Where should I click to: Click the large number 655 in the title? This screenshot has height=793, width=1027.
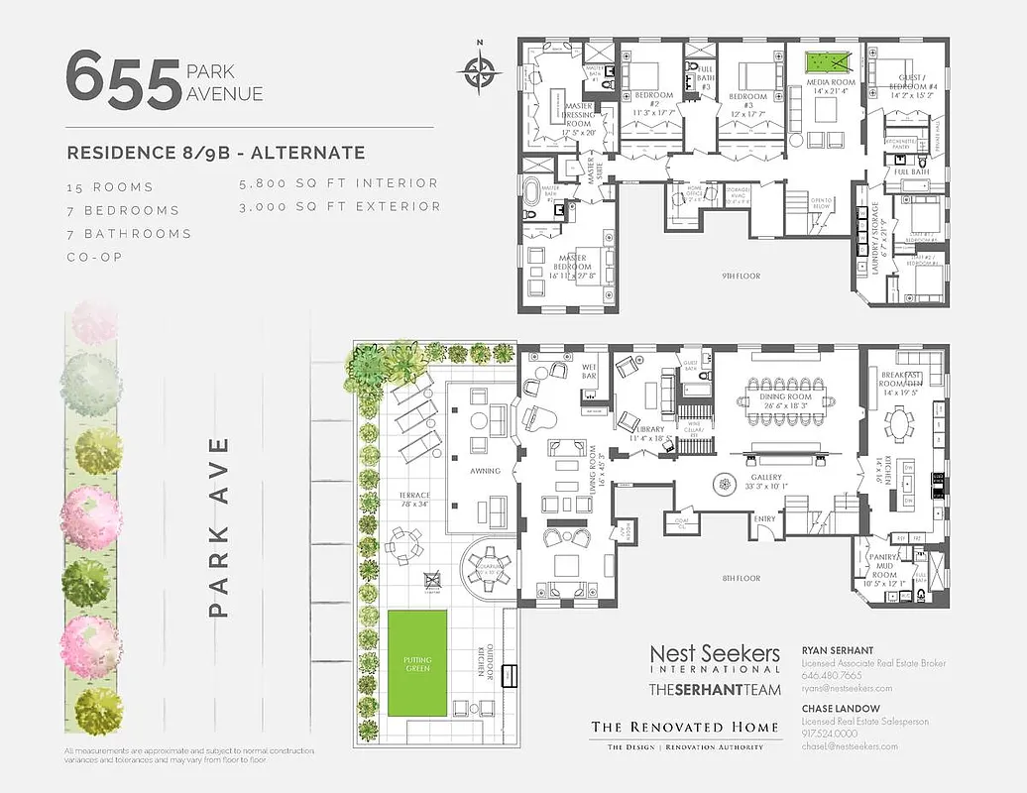pyautogui.click(x=123, y=81)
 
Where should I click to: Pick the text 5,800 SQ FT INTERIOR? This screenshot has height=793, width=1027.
pyautogui.click(x=338, y=183)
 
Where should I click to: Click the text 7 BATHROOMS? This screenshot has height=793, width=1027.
pyautogui.click(x=128, y=234)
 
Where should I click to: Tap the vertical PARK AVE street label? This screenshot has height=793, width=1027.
pyautogui.click(x=220, y=525)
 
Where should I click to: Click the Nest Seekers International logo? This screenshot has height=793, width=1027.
pyautogui.click(x=715, y=660)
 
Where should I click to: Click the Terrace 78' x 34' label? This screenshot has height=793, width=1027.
pyautogui.click(x=414, y=500)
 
